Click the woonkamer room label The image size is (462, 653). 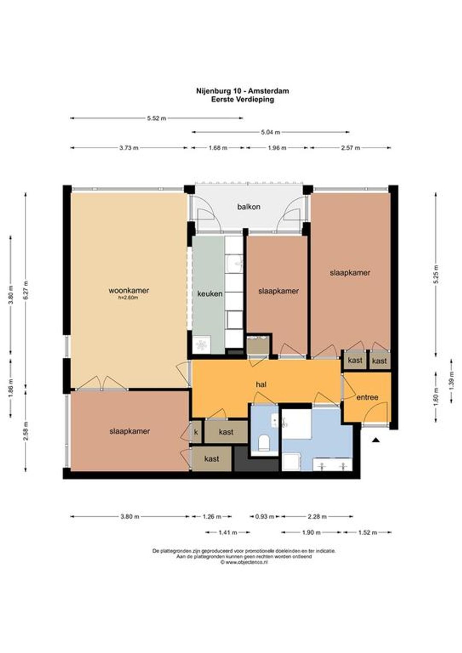coord(129,290)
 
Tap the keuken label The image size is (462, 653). coord(210,294)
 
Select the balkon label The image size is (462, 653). coord(249,207)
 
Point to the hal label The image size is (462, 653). coord(261,385)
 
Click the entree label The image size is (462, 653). coord(367,397)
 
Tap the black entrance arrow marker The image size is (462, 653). coord(376,440)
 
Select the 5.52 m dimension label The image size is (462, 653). coord(157,118)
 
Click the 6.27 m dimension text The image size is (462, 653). coord(26,290)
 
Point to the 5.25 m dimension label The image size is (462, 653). coord(436,274)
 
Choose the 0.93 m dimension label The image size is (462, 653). coord(265,517)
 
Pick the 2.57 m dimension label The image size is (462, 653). coord(350,148)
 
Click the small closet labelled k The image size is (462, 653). coord(196,432)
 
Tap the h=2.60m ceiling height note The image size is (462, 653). coord(129,297)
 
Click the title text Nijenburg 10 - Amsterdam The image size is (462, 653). coord(243,91)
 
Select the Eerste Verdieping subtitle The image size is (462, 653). coord(243,100)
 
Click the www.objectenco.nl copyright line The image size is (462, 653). coord(244,562)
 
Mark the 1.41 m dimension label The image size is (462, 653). coord(228,532)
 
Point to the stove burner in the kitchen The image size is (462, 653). coord(201,345)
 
